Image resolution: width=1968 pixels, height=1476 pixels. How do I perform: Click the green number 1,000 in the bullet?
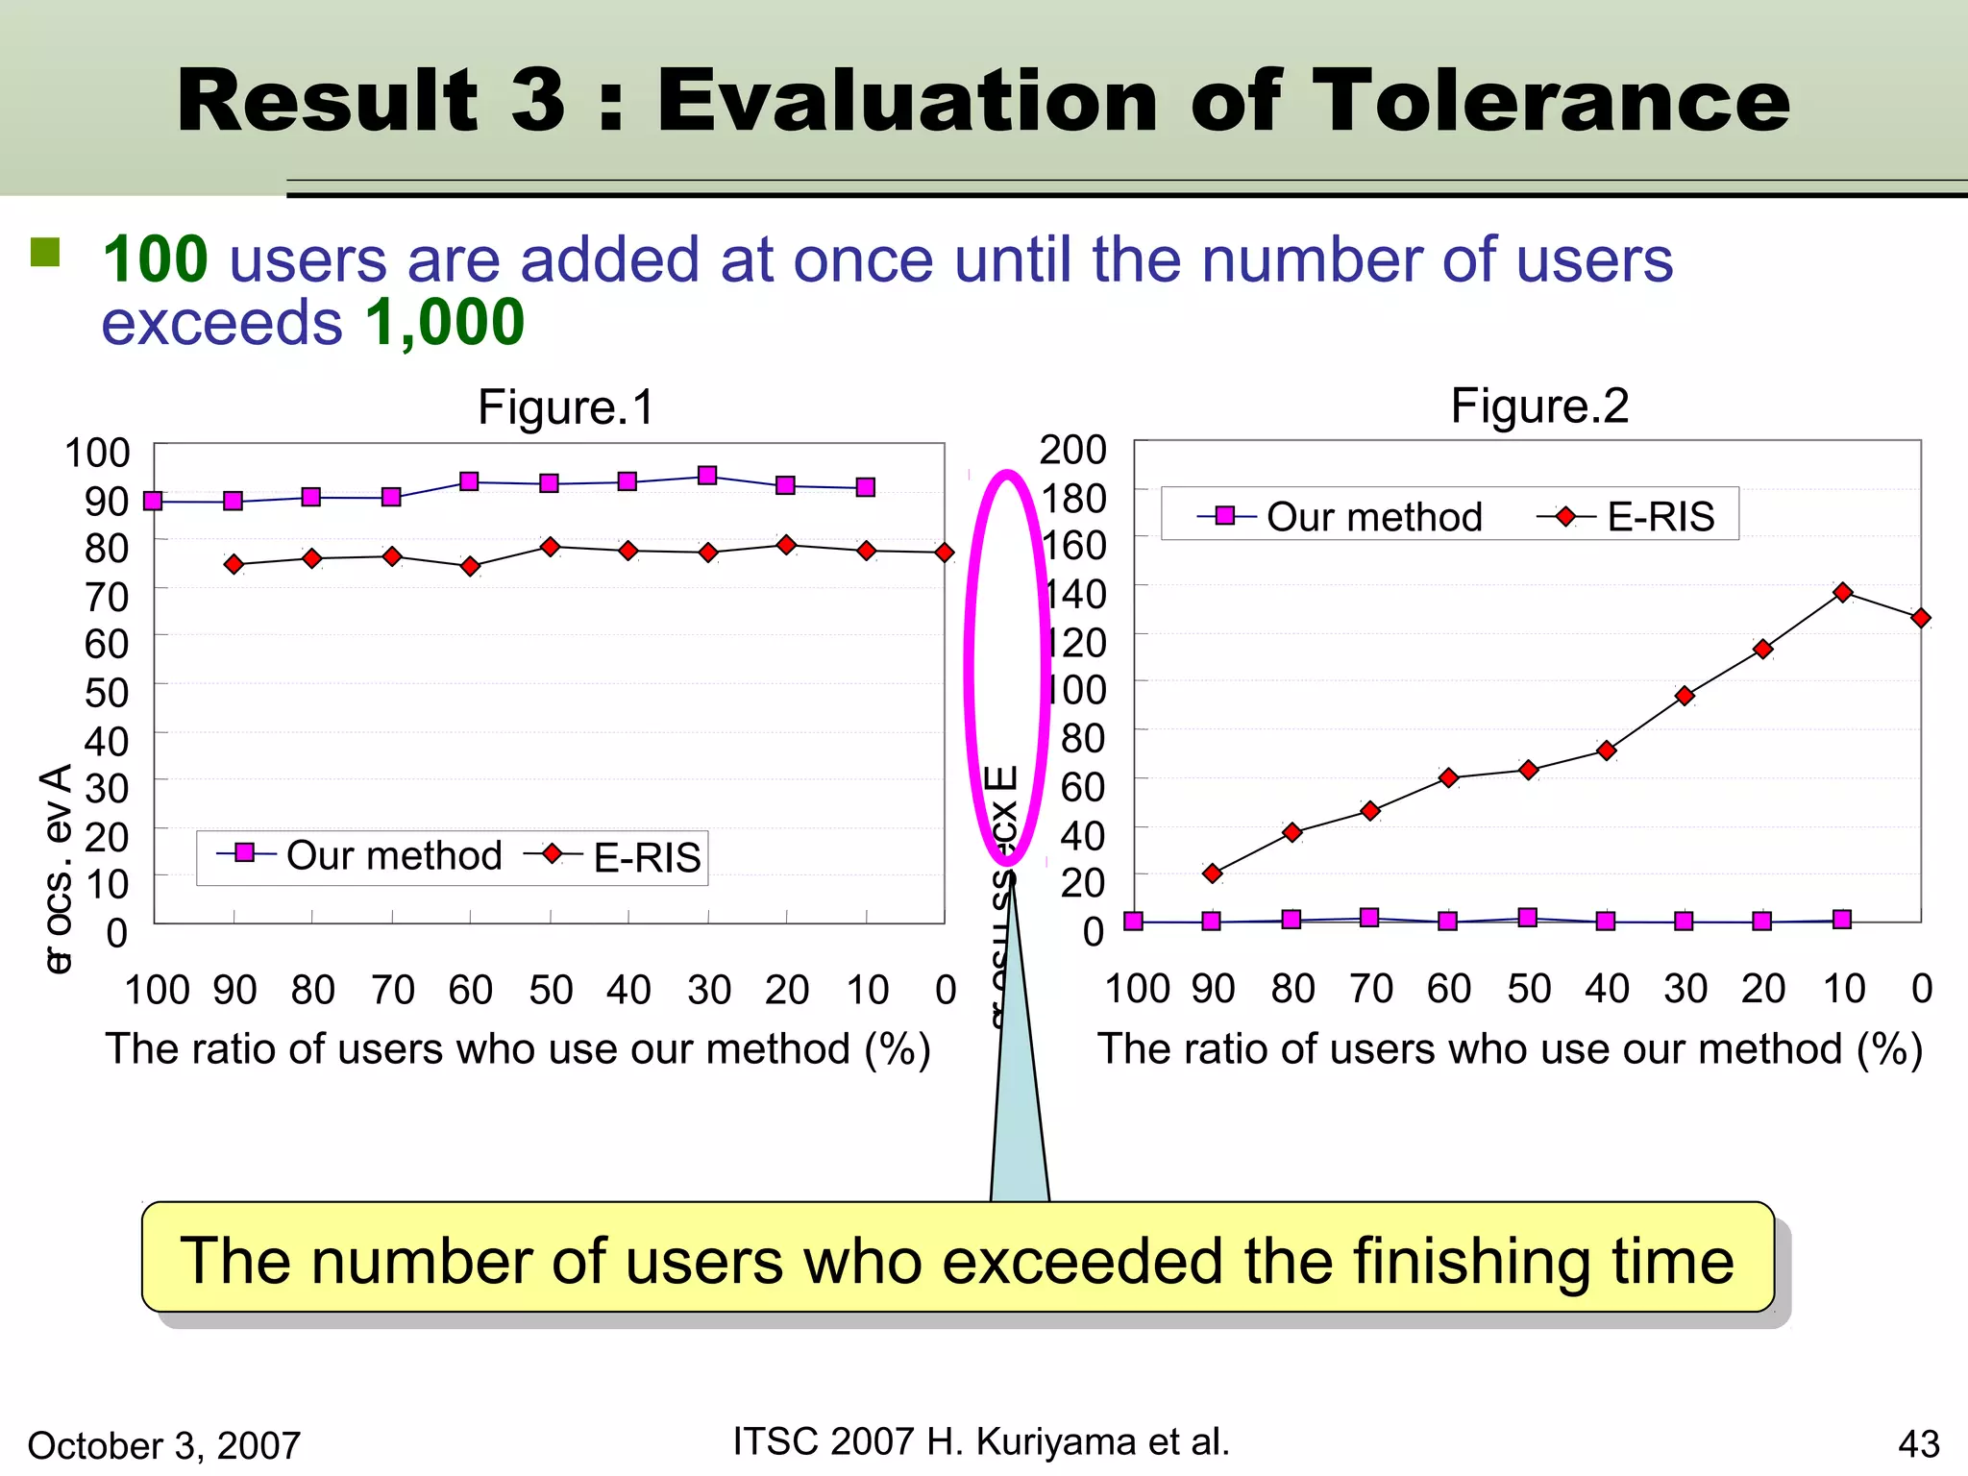tap(444, 323)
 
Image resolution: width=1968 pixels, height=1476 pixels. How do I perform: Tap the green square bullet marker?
tap(45, 253)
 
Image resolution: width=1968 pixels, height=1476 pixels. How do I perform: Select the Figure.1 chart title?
tap(566, 406)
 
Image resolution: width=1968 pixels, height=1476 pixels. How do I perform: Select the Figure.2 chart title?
tap(1539, 406)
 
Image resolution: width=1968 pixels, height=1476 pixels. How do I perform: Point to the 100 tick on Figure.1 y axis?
tap(96, 453)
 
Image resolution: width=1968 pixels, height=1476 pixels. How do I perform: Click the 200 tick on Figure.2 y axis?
tap(1072, 450)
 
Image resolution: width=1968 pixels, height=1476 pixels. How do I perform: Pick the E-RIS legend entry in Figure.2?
tap(1660, 517)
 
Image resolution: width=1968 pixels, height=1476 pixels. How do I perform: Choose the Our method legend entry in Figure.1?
tap(393, 855)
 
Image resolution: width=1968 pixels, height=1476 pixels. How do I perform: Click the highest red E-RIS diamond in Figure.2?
tap(1842, 593)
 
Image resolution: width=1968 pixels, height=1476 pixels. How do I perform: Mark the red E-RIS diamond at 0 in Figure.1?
tap(945, 553)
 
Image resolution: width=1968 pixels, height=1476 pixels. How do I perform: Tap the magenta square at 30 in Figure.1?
tap(707, 476)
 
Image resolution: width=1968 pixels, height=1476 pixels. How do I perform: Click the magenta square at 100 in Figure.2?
tap(1134, 922)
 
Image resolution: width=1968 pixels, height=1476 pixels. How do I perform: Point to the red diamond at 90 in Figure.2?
tap(1213, 873)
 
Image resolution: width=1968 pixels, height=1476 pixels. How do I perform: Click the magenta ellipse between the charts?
tap(969, 663)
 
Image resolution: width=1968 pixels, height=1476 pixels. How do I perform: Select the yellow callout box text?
tap(957, 1261)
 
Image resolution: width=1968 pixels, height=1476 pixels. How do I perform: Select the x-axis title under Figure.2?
tap(1510, 1048)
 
